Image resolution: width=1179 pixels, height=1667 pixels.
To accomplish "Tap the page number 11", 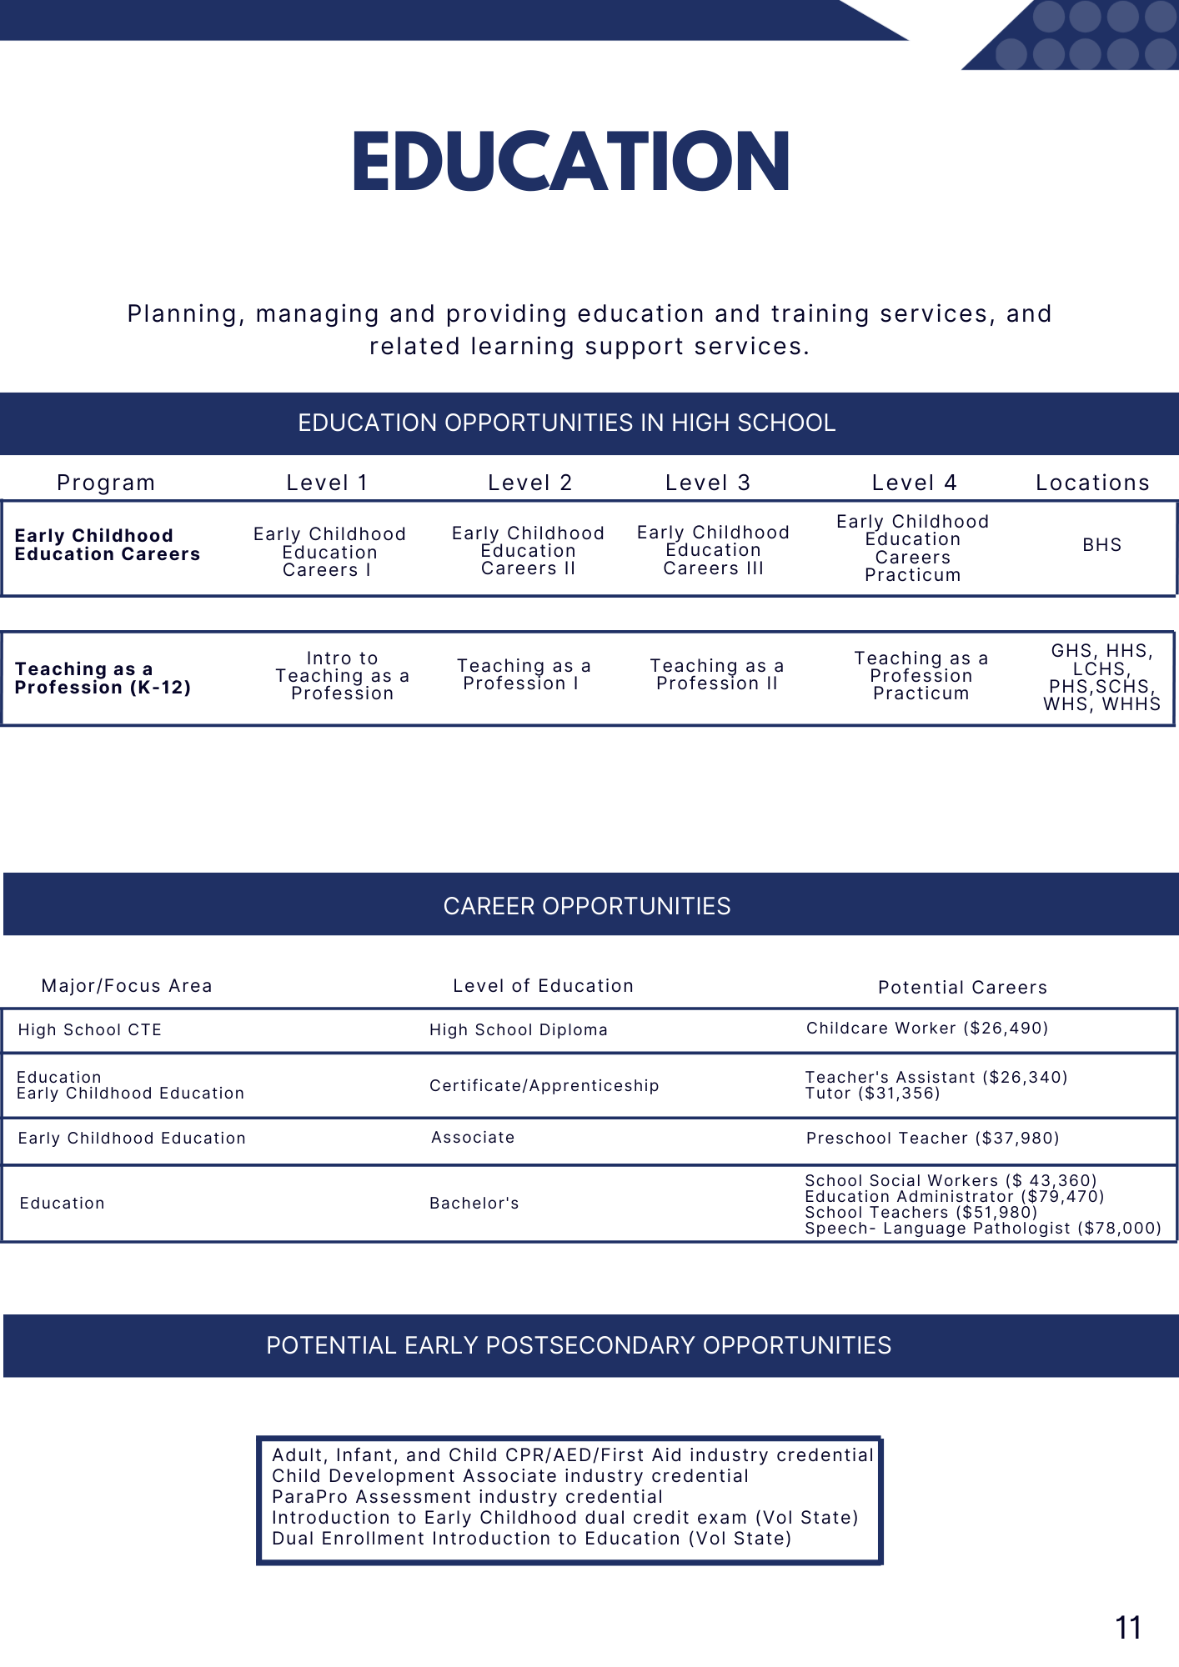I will [x=1127, y=1628].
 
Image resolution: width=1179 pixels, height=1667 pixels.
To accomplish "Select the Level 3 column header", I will [x=707, y=483].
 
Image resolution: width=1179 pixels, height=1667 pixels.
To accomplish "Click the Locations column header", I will [x=1092, y=483].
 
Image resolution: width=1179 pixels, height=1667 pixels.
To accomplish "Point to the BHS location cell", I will [x=1101, y=545].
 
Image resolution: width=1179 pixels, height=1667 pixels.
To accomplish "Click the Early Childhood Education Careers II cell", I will [x=528, y=551].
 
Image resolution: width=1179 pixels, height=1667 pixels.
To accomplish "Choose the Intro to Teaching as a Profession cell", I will [x=342, y=676].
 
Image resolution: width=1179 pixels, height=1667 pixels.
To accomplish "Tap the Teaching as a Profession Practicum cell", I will [x=921, y=676].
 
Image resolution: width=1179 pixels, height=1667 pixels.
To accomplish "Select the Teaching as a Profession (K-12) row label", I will [x=103, y=678].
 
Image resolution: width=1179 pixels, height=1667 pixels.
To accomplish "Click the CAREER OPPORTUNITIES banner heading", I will [x=587, y=906].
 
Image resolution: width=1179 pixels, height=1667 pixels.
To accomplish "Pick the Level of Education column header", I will [x=543, y=986].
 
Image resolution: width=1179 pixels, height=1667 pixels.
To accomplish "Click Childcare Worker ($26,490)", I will [x=927, y=1029].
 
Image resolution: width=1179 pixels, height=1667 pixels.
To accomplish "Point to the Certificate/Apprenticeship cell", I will [x=544, y=1086].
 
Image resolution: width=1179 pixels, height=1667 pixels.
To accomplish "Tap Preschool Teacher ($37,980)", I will [x=932, y=1139].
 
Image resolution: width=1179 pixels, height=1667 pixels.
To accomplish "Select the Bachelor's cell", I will [x=474, y=1204].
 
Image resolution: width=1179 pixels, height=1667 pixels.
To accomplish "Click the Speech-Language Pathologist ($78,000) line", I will [x=982, y=1229].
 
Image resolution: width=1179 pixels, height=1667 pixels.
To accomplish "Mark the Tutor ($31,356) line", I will [x=872, y=1094].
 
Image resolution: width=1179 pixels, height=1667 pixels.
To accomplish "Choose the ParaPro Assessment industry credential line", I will [x=467, y=1497].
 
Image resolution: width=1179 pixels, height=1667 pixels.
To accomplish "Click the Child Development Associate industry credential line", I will [x=510, y=1476].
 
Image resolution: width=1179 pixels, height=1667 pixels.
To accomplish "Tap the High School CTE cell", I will [x=90, y=1030].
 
